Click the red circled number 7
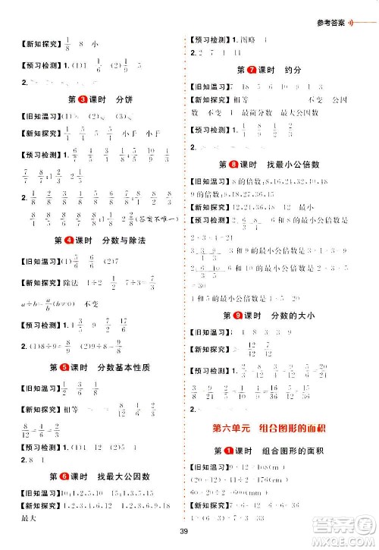242,70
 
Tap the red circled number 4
67,240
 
